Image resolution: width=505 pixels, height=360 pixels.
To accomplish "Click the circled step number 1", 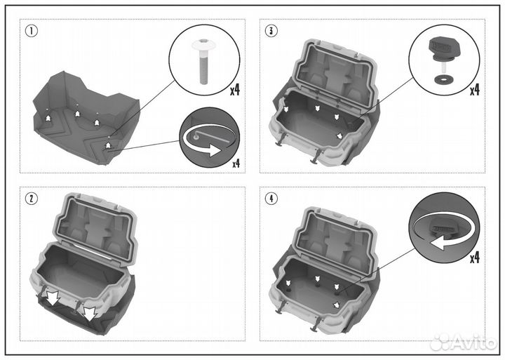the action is tap(32, 31).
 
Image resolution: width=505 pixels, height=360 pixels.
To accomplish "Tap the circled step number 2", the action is tap(32, 199).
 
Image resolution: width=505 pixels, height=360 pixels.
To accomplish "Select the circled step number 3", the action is tap(271, 31).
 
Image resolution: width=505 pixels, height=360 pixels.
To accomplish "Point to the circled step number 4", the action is tap(271, 199).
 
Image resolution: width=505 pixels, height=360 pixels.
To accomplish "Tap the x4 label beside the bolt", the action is tap(235, 90).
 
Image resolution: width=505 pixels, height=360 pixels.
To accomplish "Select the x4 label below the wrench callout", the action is tap(236, 164).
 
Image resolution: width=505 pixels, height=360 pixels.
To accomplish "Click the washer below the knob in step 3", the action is tap(441, 79).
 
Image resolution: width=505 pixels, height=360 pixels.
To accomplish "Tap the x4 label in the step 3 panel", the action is tap(474, 90).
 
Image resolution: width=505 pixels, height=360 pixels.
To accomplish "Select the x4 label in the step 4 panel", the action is tap(474, 258).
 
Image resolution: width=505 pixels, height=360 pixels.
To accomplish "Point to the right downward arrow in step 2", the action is tap(89, 312).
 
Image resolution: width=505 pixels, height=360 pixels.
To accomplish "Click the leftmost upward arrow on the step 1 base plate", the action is tap(48, 118).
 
